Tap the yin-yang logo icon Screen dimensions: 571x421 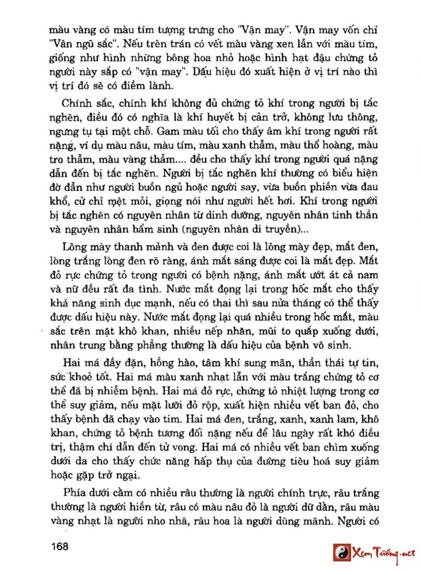342,553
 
